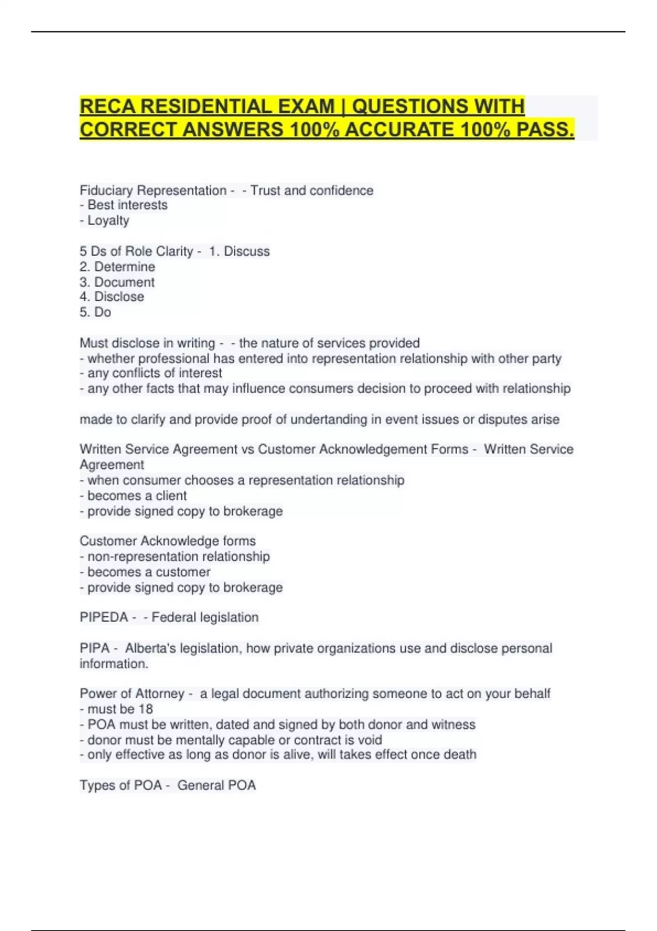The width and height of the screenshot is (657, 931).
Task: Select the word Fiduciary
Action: click(x=106, y=191)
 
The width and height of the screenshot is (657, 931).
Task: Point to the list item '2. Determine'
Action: click(x=117, y=267)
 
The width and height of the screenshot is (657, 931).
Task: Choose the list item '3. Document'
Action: click(x=117, y=282)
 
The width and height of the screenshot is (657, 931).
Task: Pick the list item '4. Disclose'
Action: click(x=112, y=297)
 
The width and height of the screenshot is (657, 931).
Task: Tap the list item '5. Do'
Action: click(x=95, y=312)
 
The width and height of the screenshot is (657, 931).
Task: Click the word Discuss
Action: click(x=246, y=251)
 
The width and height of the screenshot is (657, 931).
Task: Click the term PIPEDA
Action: click(x=103, y=617)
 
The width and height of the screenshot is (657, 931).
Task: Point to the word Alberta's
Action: click(x=151, y=648)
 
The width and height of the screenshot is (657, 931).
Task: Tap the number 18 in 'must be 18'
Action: click(x=146, y=709)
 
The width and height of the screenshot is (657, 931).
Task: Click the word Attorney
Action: click(x=159, y=694)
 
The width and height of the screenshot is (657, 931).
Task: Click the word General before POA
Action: click(x=200, y=785)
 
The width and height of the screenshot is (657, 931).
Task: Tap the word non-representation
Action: click(x=178, y=556)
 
